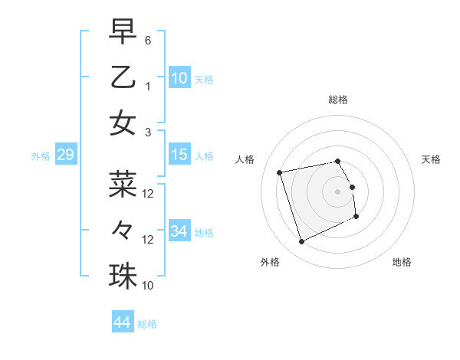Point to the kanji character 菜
point(123,184)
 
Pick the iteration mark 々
point(123,229)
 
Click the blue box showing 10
point(179,77)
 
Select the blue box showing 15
point(179,155)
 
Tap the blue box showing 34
point(179,231)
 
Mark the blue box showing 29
point(65,155)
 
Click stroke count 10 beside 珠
point(148,286)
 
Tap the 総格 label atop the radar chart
point(338,100)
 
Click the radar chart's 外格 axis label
point(270,262)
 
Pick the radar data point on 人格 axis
point(280,172)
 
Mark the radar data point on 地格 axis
point(356,217)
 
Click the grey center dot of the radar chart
point(338,191)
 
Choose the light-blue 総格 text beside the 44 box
point(147,324)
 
